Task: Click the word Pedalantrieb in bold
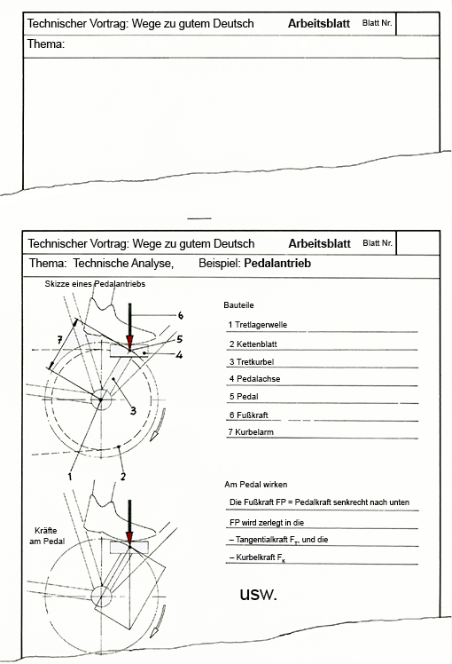pos(277,264)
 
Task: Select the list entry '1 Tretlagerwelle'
pos(258,325)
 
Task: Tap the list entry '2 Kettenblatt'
pos(253,344)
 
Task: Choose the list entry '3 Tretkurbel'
pos(252,361)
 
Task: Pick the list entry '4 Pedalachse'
pos(254,378)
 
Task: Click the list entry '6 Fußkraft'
pos(249,415)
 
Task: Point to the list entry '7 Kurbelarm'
pos(251,432)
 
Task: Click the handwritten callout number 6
pos(181,315)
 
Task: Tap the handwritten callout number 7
pos(59,339)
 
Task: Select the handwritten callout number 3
pos(133,410)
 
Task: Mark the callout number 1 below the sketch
pos(70,477)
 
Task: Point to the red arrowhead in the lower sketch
pos(129,536)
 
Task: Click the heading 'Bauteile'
pos(239,304)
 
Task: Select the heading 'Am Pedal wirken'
pos(256,485)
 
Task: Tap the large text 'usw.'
pos(258,594)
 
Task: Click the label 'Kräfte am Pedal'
pos(47,535)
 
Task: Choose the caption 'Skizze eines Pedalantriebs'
pos(95,284)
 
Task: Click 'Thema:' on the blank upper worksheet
pos(46,44)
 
